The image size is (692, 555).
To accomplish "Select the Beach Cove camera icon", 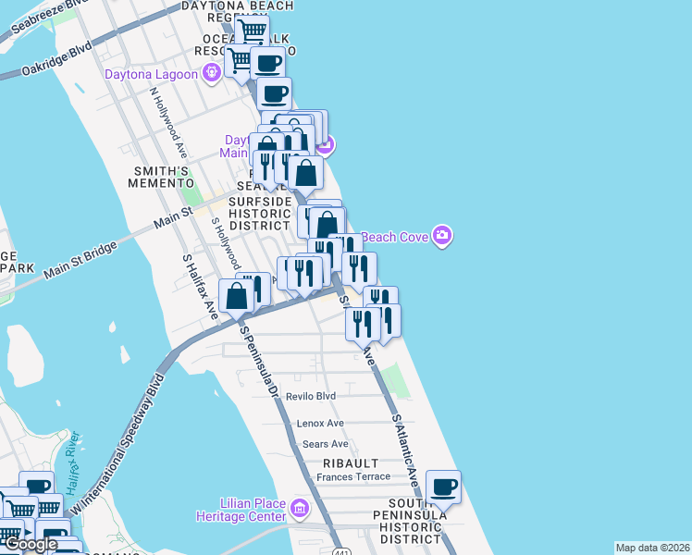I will [442, 236].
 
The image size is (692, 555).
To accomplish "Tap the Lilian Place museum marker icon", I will [299, 508].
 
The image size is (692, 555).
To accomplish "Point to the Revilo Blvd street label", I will [310, 396].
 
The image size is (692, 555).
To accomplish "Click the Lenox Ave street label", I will [320, 423].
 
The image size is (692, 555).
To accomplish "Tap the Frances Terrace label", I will [353, 477].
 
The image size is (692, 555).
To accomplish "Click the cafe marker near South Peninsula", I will [444, 485].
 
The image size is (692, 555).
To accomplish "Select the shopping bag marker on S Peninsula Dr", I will [237, 296].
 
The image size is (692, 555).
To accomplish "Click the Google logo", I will [31, 544].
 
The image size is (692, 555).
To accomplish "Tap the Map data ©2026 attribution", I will [652, 548].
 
